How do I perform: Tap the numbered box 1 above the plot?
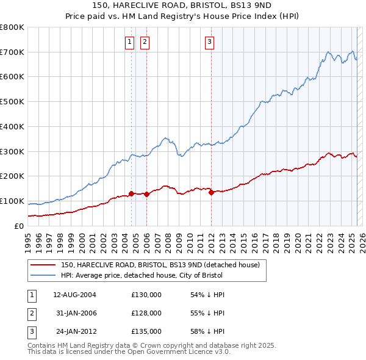point(130,42)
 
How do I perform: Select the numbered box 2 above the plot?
point(145,42)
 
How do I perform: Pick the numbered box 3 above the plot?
point(209,42)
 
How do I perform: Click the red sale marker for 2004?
point(131,193)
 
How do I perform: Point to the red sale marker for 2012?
point(211,192)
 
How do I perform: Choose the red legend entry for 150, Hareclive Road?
point(160,265)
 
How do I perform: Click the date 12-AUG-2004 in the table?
point(74,295)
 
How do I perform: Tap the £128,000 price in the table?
point(146,313)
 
